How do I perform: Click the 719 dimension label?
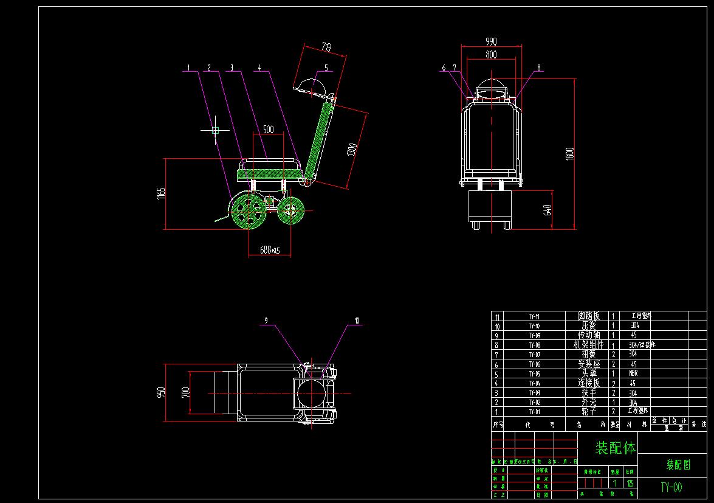(326, 46)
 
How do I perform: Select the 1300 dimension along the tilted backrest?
(352, 149)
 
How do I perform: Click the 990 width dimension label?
(491, 41)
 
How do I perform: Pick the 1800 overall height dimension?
(569, 153)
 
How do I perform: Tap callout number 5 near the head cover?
(326, 68)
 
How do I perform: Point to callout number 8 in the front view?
(538, 68)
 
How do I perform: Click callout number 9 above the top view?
(266, 320)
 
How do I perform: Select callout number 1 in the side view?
(189, 67)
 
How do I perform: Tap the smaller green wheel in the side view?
(290, 210)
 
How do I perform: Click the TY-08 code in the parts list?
(534, 345)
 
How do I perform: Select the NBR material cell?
(634, 373)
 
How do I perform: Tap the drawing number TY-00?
(671, 487)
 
